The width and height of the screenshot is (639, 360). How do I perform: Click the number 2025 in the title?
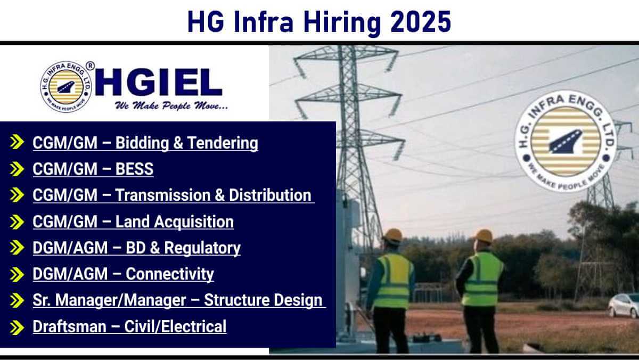(x=421, y=22)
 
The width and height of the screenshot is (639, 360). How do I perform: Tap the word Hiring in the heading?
(x=342, y=23)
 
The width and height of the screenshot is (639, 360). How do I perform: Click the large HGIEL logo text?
(x=158, y=82)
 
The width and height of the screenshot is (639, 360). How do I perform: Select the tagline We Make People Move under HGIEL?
(x=171, y=105)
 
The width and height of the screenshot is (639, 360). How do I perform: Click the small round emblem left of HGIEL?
(x=66, y=87)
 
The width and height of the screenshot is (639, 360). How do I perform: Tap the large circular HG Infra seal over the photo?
(x=566, y=142)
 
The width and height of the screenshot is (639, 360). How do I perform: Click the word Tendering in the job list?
(x=223, y=143)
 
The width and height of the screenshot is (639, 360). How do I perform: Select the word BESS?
(x=134, y=169)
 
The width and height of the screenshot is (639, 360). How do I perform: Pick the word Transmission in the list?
(x=162, y=195)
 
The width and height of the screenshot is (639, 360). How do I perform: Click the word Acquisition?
(x=194, y=222)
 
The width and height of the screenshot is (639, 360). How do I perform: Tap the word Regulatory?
(x=202, y=248)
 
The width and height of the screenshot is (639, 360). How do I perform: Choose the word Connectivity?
(x=170, y=274)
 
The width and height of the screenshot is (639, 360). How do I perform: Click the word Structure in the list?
(x=236, y=300)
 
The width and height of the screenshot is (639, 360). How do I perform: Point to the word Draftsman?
(x=69, y=326)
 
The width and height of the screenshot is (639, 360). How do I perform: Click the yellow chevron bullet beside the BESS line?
(x=17, y=169)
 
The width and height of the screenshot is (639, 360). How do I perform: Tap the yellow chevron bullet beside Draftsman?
(x=17, y=328)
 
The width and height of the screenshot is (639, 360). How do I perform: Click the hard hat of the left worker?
(x=393, y=235)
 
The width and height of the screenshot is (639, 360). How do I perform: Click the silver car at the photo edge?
(x=624, y=306)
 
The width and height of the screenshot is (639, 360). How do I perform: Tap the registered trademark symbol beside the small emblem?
(x=90, y=66)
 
